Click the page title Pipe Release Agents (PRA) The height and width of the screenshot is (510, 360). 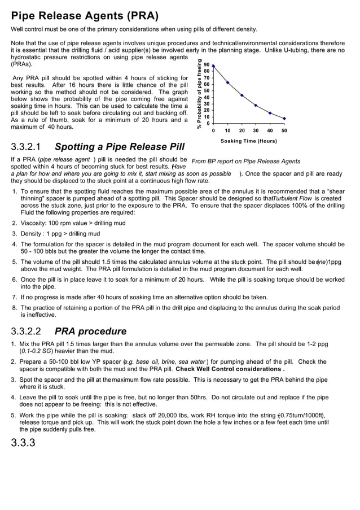(85, 15)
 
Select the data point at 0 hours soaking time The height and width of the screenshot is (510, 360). (213, 66)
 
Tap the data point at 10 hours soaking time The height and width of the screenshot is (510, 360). (227, 82)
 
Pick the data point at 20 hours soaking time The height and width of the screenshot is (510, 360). (242, 95)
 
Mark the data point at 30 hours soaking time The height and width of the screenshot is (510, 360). (256, 106)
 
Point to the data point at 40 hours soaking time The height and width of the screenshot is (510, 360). (270, 113)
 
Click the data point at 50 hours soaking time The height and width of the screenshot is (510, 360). (284, 119)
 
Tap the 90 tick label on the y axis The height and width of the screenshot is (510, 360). (207, 65)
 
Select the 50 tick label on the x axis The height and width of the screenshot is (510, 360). (284, 130)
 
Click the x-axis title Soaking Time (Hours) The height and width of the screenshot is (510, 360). (248, 141)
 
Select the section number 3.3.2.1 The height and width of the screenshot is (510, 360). (29, 147)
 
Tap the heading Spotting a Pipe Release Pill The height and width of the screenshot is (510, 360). (120, 147)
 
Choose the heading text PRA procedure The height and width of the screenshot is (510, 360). (90, 331)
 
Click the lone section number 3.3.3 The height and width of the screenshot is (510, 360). (23, 442)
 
